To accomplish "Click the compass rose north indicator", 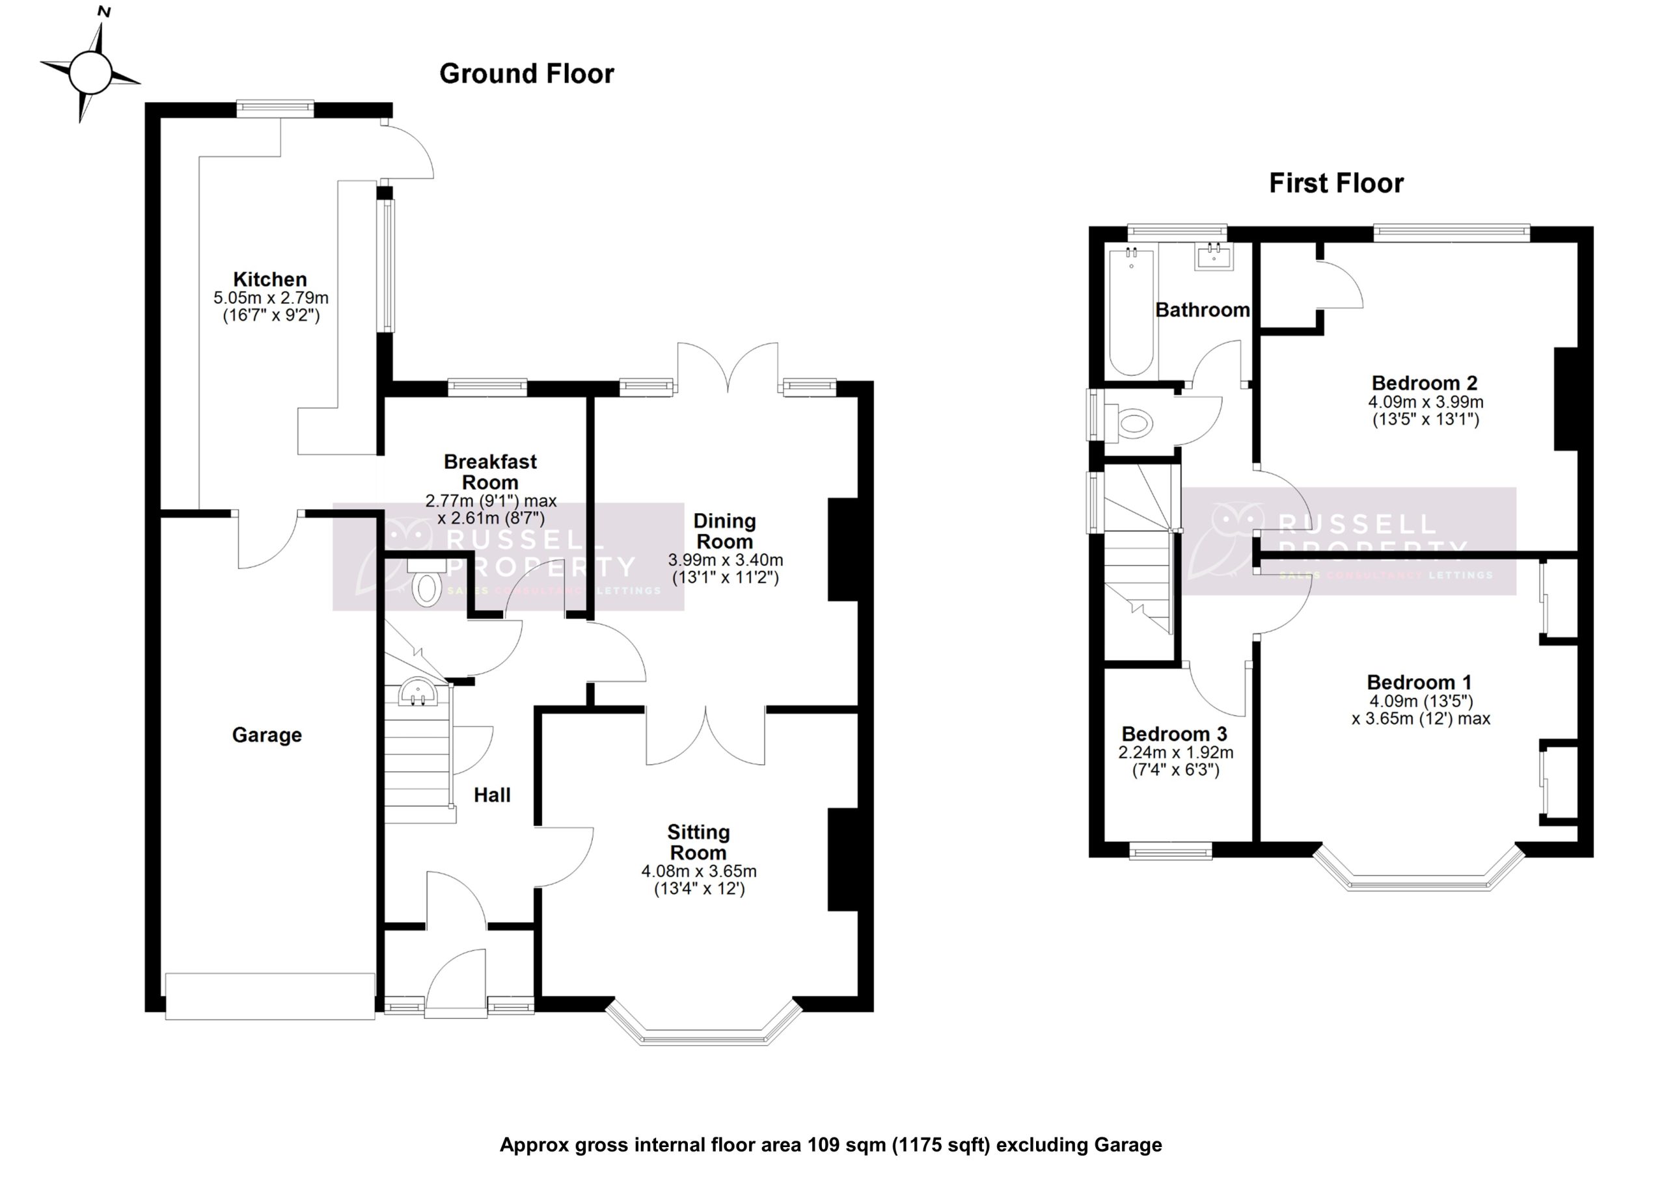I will click(103, 12).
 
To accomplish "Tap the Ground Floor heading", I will click(526, 74).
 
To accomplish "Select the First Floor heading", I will click(1336, 183).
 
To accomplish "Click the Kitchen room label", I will click(270, 279).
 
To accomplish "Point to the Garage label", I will click(267, 735).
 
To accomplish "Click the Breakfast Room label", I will click(490, 471).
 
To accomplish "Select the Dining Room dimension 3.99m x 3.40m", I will click(725, 560).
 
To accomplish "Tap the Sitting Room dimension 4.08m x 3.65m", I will click(698, 871).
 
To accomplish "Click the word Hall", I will click(492, 795).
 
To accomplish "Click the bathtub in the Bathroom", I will click(1131, 312).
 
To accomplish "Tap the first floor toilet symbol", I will click(1134, 423).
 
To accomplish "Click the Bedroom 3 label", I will click(1174, 734).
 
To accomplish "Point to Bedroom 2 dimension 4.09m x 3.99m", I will click(1425, 402).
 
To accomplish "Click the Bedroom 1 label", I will click(1419, 682).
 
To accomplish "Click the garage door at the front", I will click(269, 996).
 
